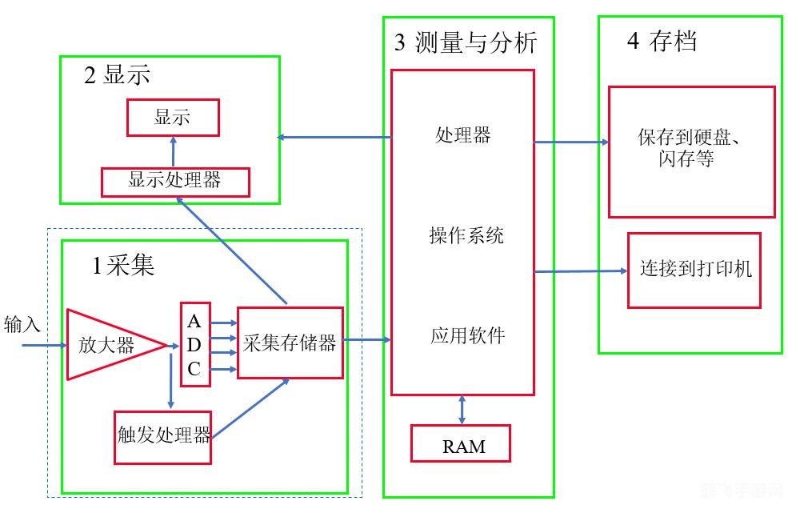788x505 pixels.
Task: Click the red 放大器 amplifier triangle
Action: point(108,345)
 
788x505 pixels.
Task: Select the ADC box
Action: point(195,344)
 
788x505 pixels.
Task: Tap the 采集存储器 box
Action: point(290,343)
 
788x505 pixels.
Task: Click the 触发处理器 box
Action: point(163,436)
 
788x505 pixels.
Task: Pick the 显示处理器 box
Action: point(175,182)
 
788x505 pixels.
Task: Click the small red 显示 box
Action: point(172,118)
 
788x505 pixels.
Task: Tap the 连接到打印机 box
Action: point(694,270)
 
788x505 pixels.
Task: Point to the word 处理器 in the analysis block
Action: point(463,135)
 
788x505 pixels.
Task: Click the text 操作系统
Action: point(466,236)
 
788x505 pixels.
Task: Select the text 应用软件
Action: point(467,335)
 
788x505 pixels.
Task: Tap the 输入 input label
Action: point(22,324)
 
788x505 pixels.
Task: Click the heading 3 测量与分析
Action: point(466,43)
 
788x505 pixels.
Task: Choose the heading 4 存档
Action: point(662,42)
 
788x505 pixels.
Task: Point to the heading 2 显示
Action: point(117,76)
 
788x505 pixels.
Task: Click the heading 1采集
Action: point(123,266)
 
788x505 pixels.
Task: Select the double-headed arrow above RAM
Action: point(462,410)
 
